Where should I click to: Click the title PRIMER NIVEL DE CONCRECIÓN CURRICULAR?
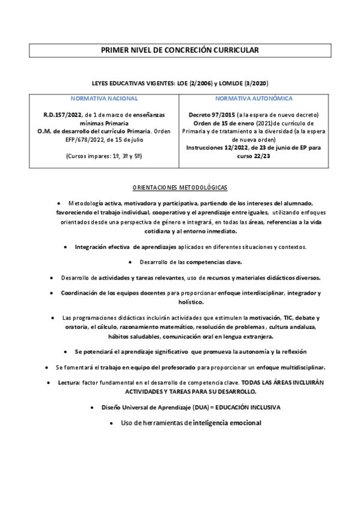[180, 51]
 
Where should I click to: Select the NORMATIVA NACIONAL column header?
[105, 98]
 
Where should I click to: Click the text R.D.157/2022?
[63, 114]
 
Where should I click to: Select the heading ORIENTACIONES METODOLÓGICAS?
[180, 188]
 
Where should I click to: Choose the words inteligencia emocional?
[226, 423]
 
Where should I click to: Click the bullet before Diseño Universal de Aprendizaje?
[91, 407]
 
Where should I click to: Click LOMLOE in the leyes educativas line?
[218, 82]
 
